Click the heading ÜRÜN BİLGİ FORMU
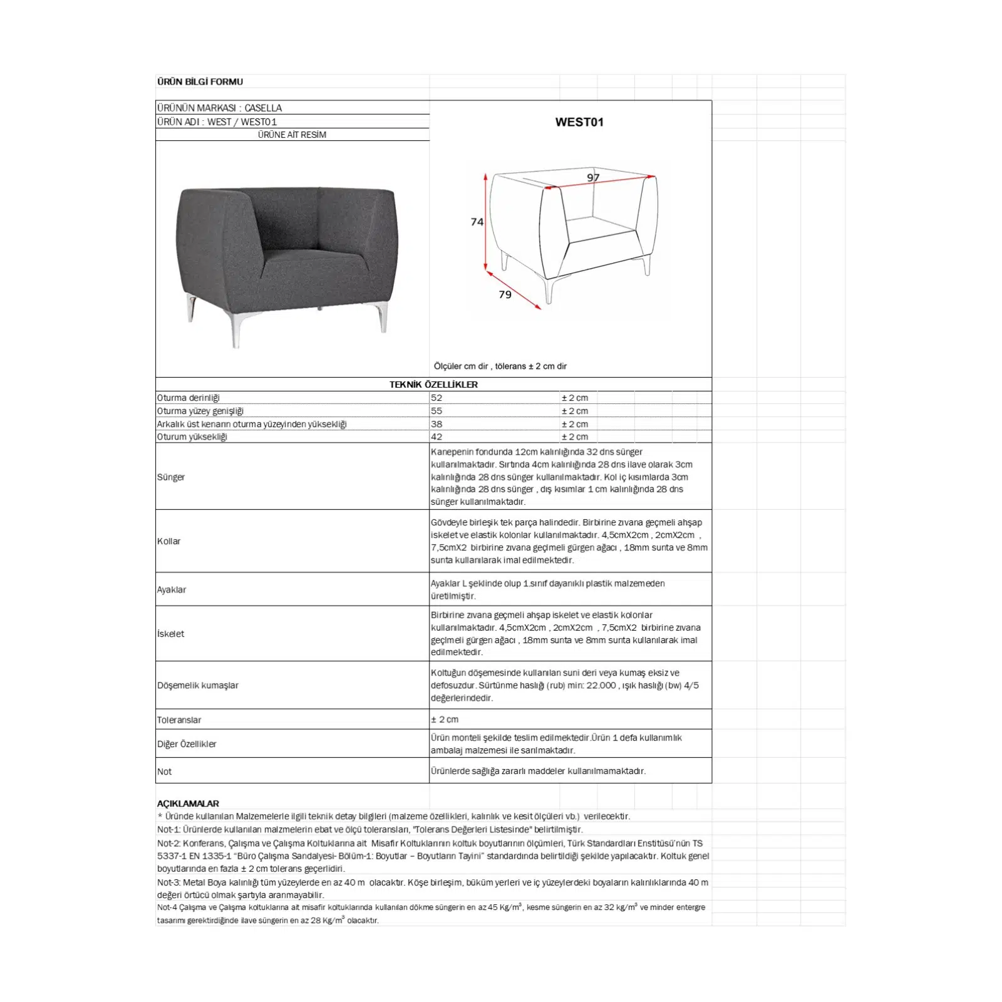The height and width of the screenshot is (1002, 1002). [x=200, y=82]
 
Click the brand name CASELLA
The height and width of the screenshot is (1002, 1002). [x=263, y=108]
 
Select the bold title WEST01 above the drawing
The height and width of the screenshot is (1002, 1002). [x=579, y=122]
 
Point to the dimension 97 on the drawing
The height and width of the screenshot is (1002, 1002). [x=593, y=178]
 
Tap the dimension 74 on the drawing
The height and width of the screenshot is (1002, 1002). [x=477, y=222]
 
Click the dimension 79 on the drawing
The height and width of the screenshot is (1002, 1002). [x=505, y=294]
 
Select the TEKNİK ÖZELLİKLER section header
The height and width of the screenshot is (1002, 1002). [x=433, y=385]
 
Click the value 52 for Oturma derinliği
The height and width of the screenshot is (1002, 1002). [x=436, y=398]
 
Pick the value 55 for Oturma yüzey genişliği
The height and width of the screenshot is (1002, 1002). [x=436, y=411]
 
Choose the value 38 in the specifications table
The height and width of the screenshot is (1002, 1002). [x=436, y=424]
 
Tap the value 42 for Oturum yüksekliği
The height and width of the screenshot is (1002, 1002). [x=436, y=437]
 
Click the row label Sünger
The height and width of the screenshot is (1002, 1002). [x=171, y=477]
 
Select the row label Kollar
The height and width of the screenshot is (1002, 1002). [x=168, y=541]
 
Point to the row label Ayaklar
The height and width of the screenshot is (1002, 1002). [x=172, y=590]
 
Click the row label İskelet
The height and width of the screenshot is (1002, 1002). [x=171, y=634]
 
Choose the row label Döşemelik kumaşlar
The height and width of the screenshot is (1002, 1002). [x=198, y=685]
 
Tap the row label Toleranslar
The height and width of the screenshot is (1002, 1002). [x=179, y=720]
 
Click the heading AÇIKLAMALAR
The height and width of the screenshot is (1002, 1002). [x=188, y=803]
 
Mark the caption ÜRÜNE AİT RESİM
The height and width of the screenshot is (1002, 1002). [x=292, y=135]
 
